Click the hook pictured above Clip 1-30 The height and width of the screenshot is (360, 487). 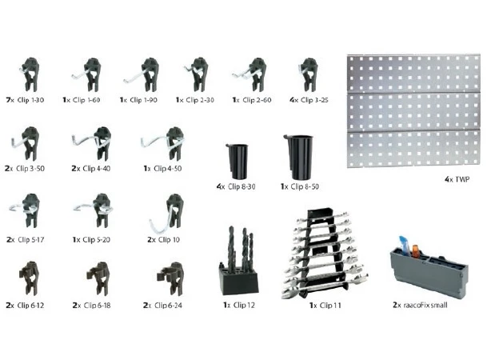click(30, 74)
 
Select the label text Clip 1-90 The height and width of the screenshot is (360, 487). click(143, 100)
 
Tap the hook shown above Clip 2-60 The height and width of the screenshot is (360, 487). click(252, 75)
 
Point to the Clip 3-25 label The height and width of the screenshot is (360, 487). click(314, 100)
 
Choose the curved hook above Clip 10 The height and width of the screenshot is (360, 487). click(168, 214)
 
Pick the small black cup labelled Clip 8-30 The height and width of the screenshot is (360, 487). click(238, 161)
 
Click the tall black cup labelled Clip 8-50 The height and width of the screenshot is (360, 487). click(298, 157)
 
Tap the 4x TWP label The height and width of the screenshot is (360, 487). click(457, 179)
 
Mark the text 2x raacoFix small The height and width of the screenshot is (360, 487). click(420, 305)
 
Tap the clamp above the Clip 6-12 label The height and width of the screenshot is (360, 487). click(30, 278)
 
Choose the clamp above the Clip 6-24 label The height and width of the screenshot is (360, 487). click(171, 279)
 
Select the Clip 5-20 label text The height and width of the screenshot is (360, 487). click(96, 240)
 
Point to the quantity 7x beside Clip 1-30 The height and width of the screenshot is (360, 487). click(10, 100)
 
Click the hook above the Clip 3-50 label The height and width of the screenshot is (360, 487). click(26, 143)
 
